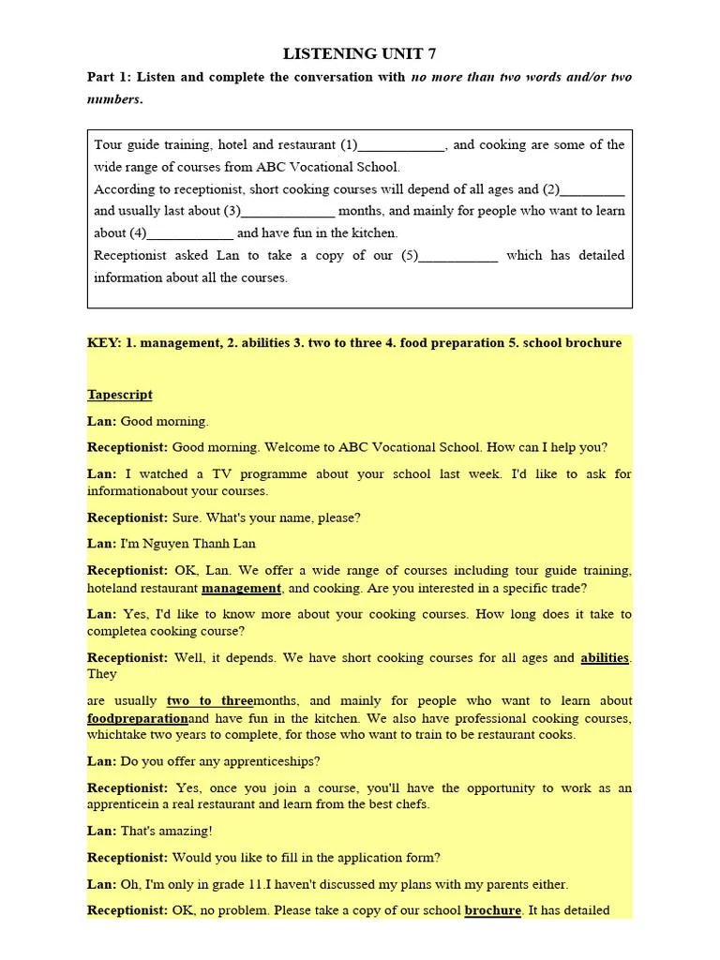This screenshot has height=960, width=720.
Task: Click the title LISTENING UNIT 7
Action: [360, 53]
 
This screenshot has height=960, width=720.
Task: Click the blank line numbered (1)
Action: [402, 146]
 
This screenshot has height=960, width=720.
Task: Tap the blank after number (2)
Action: [592, 190]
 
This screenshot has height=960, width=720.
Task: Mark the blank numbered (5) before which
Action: [458, 256]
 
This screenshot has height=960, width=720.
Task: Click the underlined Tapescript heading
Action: [120, 395]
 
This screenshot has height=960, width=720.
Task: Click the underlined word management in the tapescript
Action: [241, 589]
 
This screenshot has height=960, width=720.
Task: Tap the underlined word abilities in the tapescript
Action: [605, 658]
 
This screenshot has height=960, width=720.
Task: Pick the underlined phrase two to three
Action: [210, 701]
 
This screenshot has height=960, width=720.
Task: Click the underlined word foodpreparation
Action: [138, 719]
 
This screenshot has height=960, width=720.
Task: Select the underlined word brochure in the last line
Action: [492, 910]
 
